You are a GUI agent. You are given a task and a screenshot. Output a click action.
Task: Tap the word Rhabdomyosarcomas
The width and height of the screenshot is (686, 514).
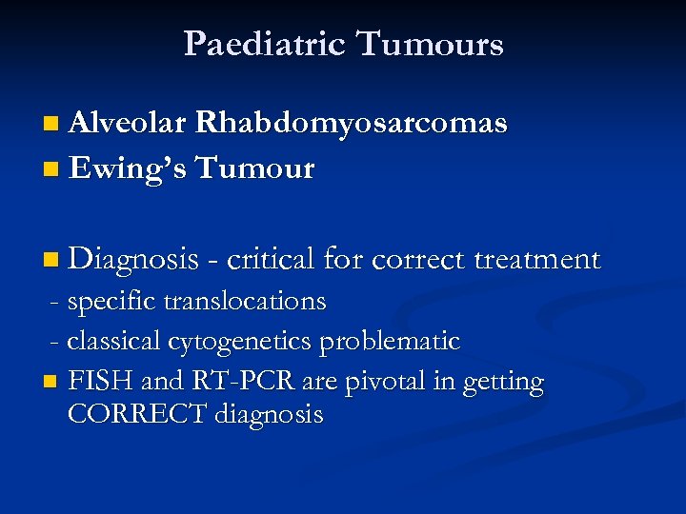(352, 124)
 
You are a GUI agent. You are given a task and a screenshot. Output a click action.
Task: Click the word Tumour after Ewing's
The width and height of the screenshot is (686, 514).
(254, 168)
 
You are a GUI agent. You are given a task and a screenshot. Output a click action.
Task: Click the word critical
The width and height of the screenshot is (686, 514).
(271, 259)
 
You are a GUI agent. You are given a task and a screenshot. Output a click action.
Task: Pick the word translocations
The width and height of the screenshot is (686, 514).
(245, 302)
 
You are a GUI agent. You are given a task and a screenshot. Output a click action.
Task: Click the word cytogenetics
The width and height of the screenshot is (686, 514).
(241, 341)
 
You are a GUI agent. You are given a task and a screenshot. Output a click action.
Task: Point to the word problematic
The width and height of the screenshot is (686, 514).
(390, 341)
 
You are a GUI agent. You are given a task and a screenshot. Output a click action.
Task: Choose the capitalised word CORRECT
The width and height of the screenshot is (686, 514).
(138, 415)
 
